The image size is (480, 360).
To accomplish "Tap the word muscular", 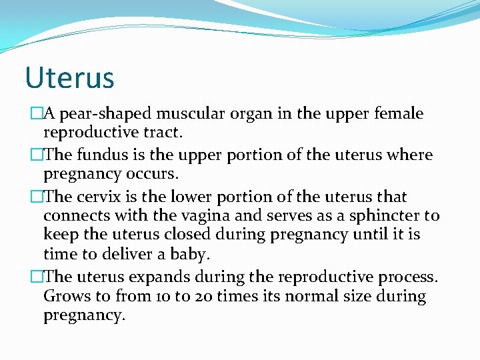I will click(x=180, y=114).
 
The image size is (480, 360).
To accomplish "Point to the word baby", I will click(x=189, y=255).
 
